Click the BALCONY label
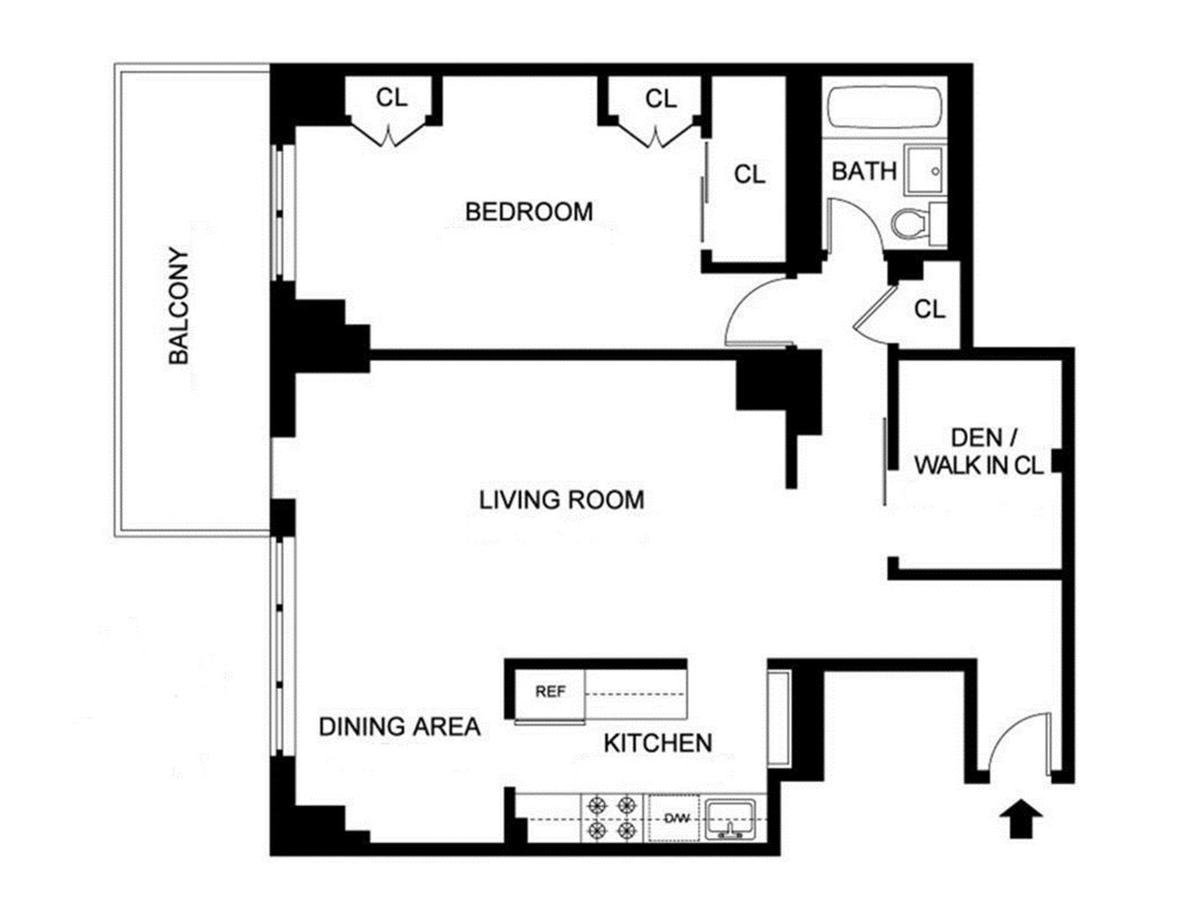[179, 306]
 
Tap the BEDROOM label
[528, 212]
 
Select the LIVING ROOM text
[561, 500]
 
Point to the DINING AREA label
[399, 726]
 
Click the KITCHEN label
[658, 743]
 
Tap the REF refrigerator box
[550, 692]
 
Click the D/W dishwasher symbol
[676, 818]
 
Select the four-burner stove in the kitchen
[613, 817]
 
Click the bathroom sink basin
[925, 170]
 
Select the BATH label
[864, 171]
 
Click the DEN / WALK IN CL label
[979, 451]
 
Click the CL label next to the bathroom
[749, 174]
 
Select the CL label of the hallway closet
[929, 309]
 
